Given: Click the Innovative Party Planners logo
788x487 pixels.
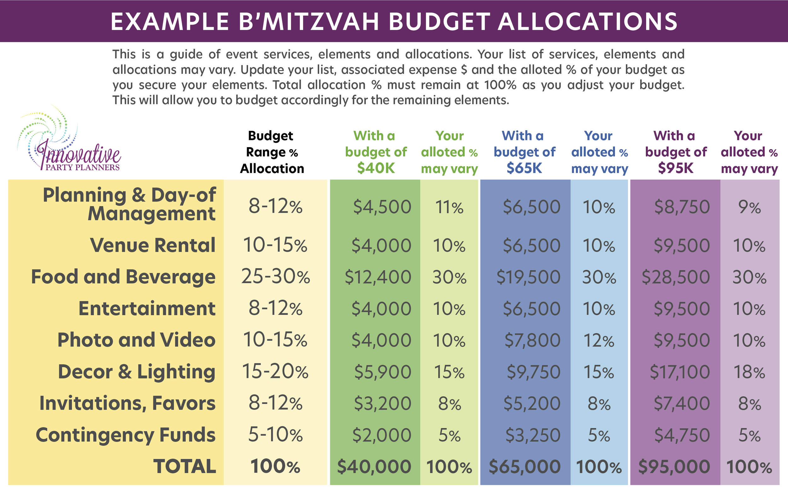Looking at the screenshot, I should [69, 142].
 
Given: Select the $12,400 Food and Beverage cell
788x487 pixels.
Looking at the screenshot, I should [378, 277].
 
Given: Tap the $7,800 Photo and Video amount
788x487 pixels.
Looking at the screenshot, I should [532, 340].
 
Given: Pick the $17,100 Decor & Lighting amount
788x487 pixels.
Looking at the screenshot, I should [680, 372].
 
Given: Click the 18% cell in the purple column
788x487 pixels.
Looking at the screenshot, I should [749, 372].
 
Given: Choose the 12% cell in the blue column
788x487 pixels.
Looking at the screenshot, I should [599, 340].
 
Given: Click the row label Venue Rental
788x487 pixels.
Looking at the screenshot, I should [153, 246].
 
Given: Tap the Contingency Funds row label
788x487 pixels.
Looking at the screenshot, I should [125, 435].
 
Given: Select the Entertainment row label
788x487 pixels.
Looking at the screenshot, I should [147, 309].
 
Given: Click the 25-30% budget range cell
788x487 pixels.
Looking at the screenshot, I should [275, 277].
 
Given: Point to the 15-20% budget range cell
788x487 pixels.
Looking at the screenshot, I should [275, 372].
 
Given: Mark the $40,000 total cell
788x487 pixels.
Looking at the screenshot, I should [374, 467].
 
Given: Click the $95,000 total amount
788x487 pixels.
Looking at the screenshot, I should [674, 467].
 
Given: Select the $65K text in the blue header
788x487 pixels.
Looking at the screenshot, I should [524, 168].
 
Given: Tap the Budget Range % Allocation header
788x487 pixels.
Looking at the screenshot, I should [272, 152].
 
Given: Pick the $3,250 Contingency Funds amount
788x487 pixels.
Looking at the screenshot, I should [533, 435].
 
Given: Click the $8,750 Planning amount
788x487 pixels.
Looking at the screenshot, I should [682, 207].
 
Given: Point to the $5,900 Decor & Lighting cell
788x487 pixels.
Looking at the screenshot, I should [383, 372].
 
